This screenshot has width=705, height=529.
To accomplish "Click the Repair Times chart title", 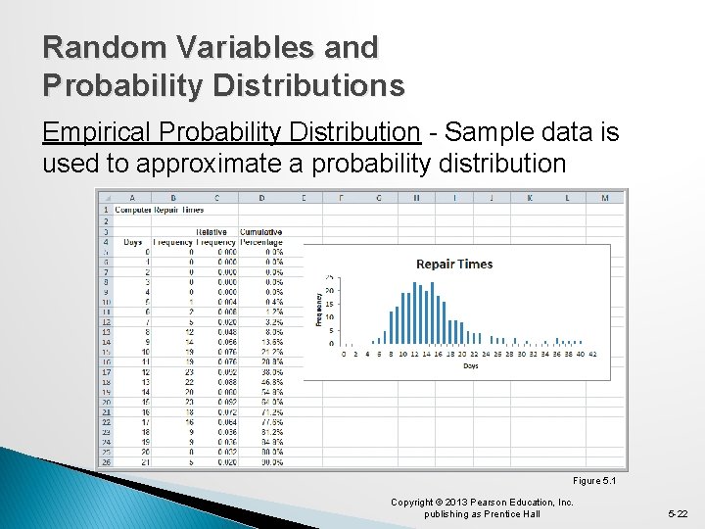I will tap(454, 264).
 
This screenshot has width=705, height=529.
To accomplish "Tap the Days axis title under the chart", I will tap(470, 365).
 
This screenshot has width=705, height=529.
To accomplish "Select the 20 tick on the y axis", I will tap(331, 291).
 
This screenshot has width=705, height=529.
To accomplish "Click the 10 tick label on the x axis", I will tap(402, 355).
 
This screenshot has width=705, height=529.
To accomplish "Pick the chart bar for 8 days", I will tap(391, 327).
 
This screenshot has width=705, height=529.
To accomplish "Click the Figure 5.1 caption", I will tap(595, 481).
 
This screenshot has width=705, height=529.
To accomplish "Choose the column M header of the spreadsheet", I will tap(604, 198).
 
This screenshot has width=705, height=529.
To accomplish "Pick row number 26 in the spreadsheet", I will tap(105, 461).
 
